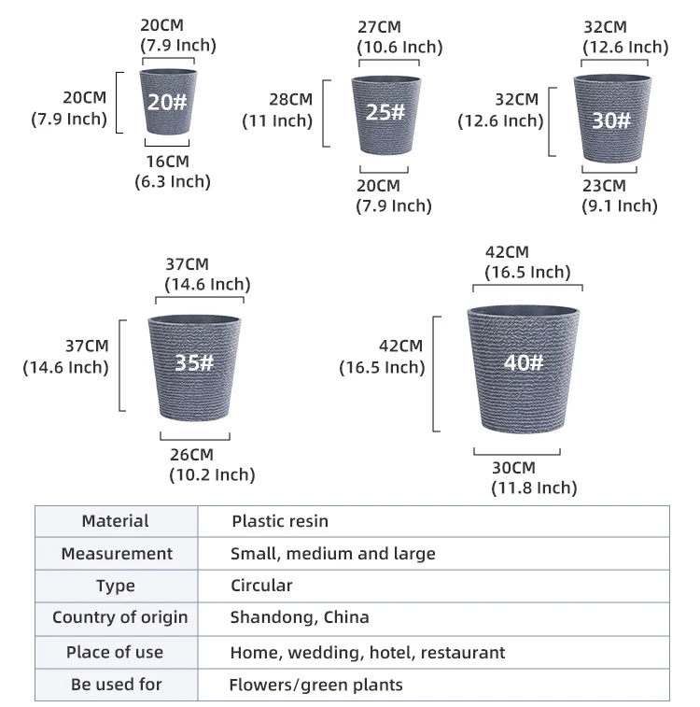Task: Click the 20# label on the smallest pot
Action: (167, 103)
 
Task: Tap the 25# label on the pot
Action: (385, 112)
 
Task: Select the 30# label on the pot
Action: (611, 120)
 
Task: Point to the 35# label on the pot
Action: (194, 362)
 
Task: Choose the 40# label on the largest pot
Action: (524, 362)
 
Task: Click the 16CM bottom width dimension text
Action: (166, 162)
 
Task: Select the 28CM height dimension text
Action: (290, 100)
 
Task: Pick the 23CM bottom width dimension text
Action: (604, 186)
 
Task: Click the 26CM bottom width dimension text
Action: (191, 454)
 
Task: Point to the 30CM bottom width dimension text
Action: (513, 467)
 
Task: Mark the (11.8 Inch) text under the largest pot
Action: (534, 488)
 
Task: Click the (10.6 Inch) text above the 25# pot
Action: (399, 47)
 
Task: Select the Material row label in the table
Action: (115, 521)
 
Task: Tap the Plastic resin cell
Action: (280, 521)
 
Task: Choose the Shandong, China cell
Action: (300, 617)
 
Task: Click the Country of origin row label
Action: (119, 617)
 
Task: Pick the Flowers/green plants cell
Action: (316, 685)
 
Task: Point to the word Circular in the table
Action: (261, 586)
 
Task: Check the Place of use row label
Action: (115, 652)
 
